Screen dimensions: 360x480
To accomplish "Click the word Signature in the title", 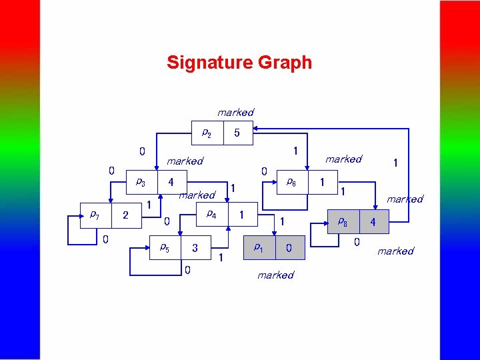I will point(206,63).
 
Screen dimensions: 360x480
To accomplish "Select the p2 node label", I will point(207,133).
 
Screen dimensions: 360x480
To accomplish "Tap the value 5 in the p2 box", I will point(237,133).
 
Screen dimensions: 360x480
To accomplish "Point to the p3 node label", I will point(141,181).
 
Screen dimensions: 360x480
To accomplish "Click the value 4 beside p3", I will point(171,181).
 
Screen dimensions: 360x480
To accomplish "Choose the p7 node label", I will point(95,215).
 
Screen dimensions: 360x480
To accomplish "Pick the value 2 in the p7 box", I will point(125,215).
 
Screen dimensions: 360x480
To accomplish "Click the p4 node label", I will point(211,214).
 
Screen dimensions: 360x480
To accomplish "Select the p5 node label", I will point(164,247).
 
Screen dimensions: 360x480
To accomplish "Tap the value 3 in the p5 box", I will point(195,248).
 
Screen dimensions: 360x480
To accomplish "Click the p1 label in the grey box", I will point(258,247).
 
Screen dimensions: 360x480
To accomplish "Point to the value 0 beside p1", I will point(289,248).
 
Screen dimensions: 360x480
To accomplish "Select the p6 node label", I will point(291,181).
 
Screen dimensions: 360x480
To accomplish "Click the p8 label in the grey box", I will point(342,221).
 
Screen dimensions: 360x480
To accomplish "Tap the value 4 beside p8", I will point(373,221).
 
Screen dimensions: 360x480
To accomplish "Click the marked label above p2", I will point(235,112).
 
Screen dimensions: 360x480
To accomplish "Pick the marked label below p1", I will point(275,275).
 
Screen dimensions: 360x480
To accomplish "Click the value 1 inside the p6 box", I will point(323,181).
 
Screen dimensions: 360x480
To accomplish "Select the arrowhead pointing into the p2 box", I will point(258,129).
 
